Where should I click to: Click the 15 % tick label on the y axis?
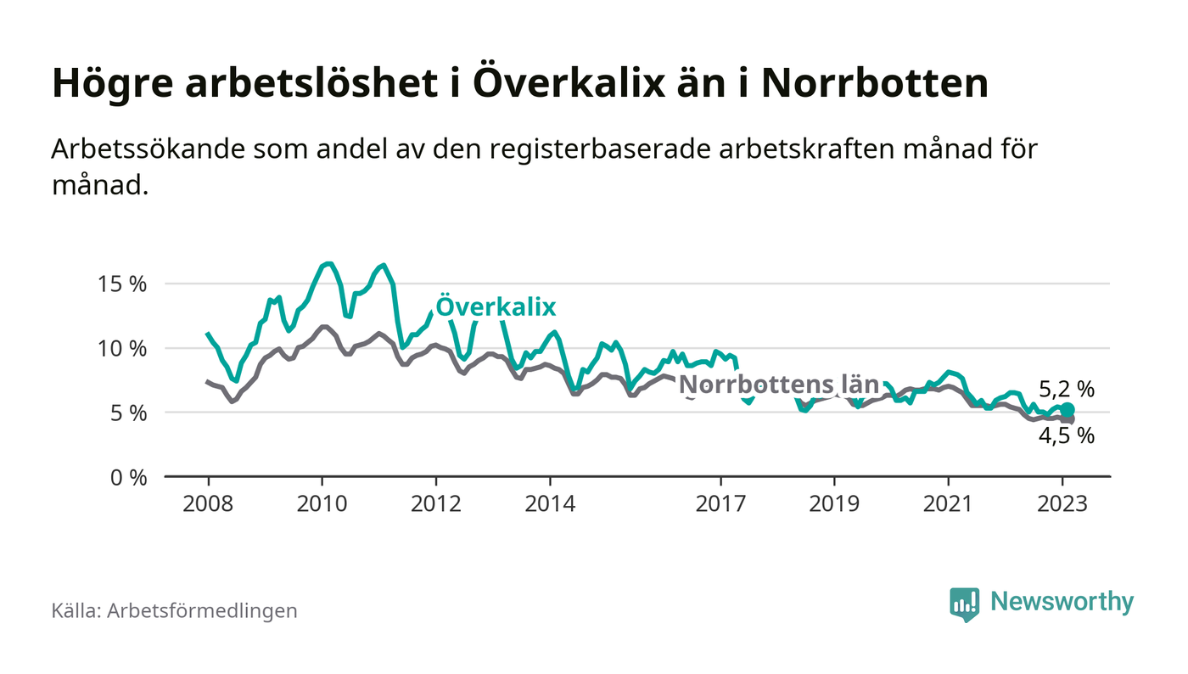tap(124, 284)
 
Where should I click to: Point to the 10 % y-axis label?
tap(124, 348)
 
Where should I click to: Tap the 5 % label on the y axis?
tap(129, 413)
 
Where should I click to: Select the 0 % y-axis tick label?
tap(129, 477)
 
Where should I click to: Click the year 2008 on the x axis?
tap(208, 503)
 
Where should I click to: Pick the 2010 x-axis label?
tap(322, 503)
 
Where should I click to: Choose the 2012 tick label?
tap(435, 503)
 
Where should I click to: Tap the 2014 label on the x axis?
tap(550, 503)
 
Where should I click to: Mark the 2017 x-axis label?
tap(720, 503)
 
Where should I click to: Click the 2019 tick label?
tap(834, 503)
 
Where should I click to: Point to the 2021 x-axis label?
tap(948, 503)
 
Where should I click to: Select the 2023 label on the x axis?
tap(1062, 503)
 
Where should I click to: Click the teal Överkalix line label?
tap(496, 307)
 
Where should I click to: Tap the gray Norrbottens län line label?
tap(779, 383)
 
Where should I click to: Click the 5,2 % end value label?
tap(1067, 390)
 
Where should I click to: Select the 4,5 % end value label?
tap(1067, 436)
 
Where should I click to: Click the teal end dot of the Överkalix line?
tap(1068, 410)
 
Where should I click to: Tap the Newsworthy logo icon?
tap(964, 604)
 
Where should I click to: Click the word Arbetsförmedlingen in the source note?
tap(202, 610)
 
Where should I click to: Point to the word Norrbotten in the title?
tap(875, 84)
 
